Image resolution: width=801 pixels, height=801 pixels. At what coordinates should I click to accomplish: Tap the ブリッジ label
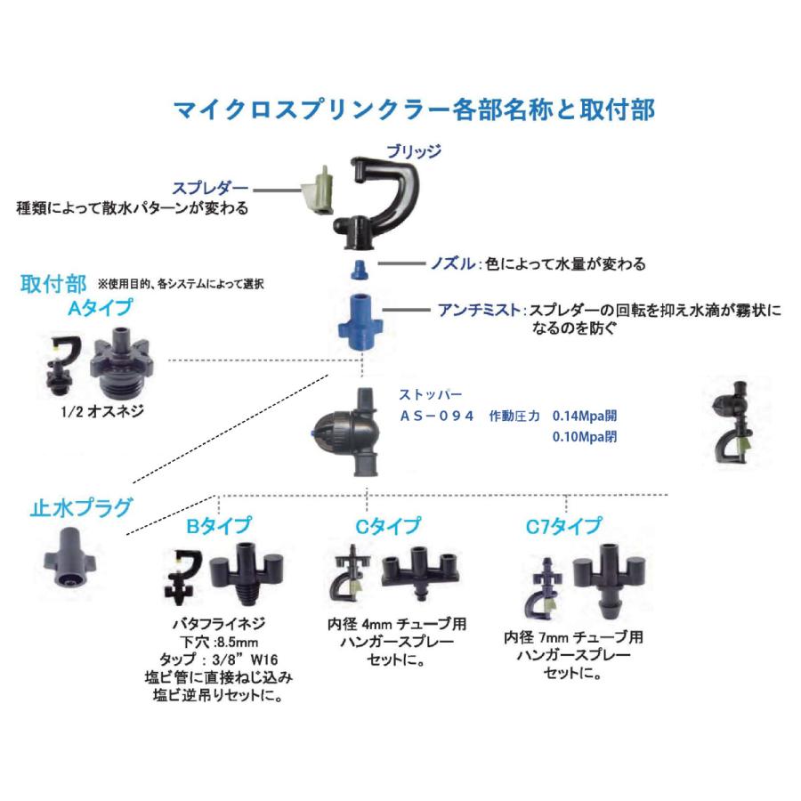(x=413, y=150)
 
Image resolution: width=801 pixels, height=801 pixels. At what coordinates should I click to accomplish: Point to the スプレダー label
(x=212, y=188)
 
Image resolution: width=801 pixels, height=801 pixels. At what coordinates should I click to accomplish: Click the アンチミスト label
(x=478, y=311)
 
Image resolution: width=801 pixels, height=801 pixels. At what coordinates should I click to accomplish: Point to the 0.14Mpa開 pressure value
(x=584, y=415)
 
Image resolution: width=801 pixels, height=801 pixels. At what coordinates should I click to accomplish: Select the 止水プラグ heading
(x=81, y=507)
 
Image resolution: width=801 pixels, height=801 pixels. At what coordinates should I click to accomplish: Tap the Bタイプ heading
(x=218, y=525)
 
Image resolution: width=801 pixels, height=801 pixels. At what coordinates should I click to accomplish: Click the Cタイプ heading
(x=388, y=525)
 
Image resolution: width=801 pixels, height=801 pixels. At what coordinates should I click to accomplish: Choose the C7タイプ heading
(x=563, y=525)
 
